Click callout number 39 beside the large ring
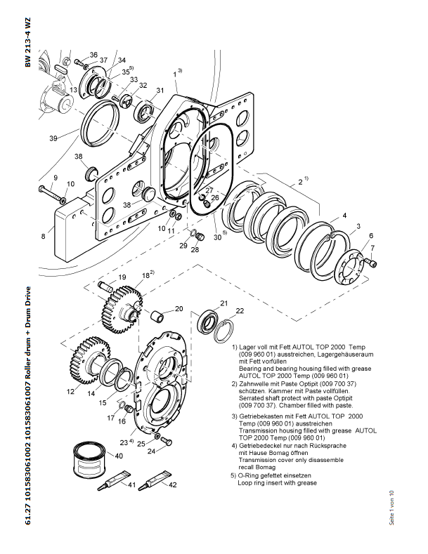click(53, 138)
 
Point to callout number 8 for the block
click(43, 236)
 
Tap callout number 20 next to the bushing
click(179, 309)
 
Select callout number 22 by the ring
click(240, 311)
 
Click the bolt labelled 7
click(372, 263)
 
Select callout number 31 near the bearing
click(160, 90)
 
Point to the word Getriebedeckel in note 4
click(263, 446)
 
